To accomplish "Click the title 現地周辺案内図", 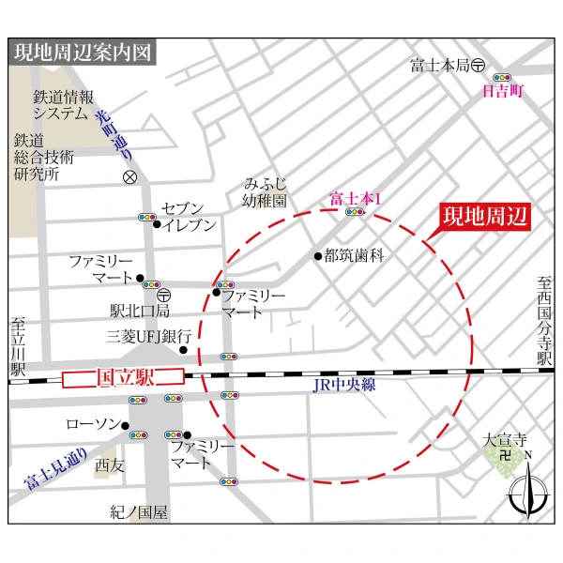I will [83, 53].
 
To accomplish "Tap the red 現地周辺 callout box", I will [486, 216].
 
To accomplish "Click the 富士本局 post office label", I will [439, 66].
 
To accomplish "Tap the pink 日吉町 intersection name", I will [501, 92].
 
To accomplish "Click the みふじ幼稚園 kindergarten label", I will [266, 191].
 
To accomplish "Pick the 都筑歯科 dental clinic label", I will [354, 255].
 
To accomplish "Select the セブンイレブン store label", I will [189, 216].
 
